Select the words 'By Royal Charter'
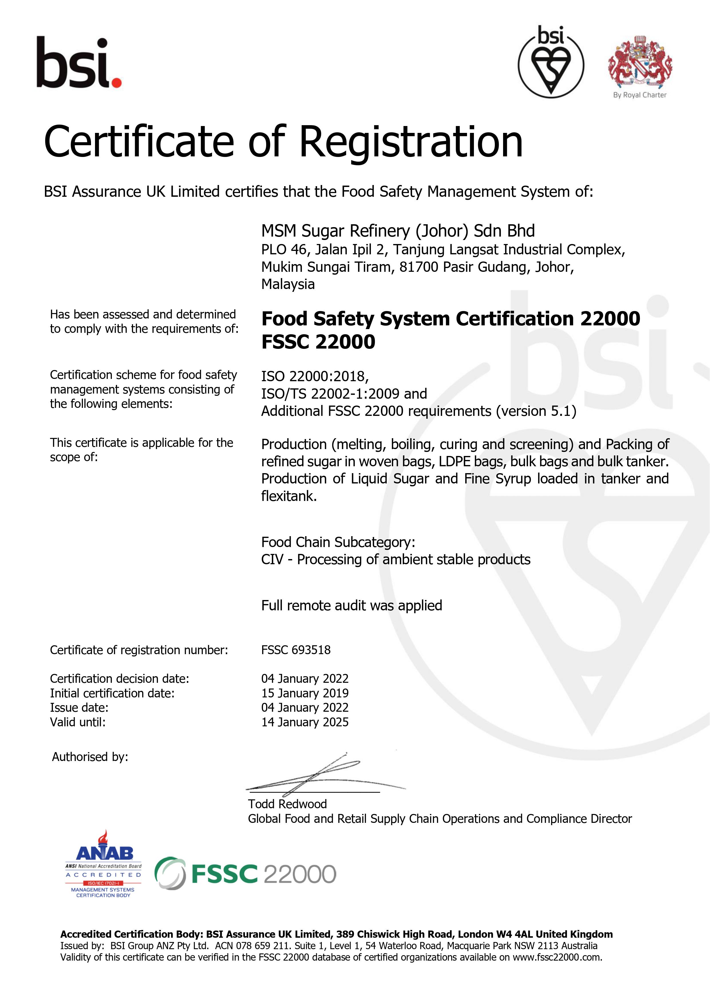(640, 95)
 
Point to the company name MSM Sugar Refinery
(398, 231)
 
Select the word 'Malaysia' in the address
(288, 284)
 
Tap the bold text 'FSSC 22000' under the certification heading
(318, 341)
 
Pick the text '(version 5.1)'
(536, 411)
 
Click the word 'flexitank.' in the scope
(289, 496)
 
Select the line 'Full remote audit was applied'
(351, 605)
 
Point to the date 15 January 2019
(305, 693)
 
